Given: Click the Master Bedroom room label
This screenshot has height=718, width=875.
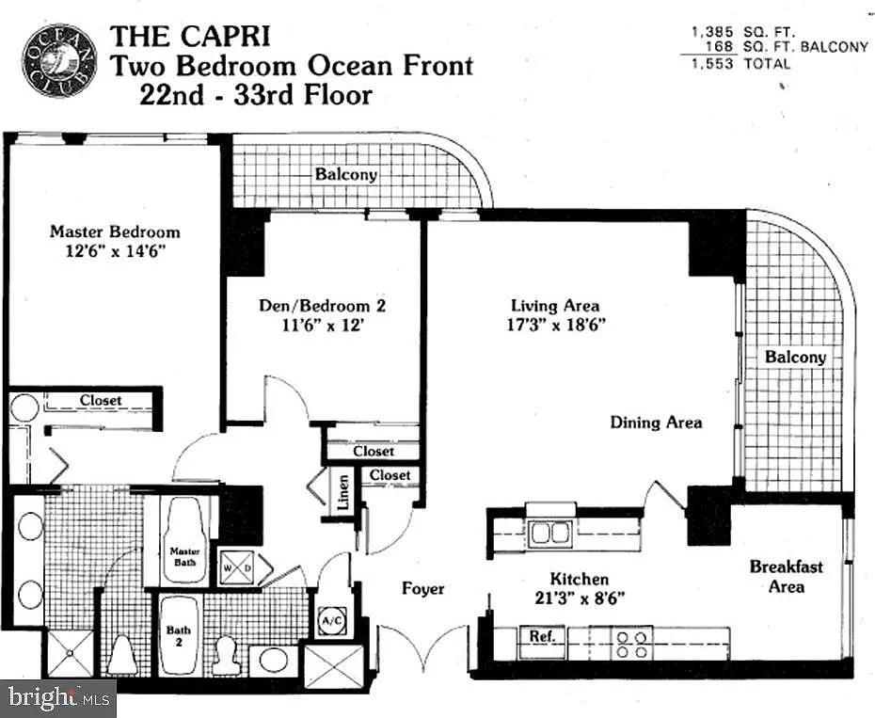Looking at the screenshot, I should coord(115,231).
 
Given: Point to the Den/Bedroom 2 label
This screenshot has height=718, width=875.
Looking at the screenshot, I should coord(323,306).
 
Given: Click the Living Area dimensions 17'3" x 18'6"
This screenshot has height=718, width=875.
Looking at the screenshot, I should coord(555,325).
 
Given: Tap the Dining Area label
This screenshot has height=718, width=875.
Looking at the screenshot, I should coord(656,423).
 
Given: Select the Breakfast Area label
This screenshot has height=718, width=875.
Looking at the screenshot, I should coord(786,576).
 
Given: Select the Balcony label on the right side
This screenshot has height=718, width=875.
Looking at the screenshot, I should coord(795,357).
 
